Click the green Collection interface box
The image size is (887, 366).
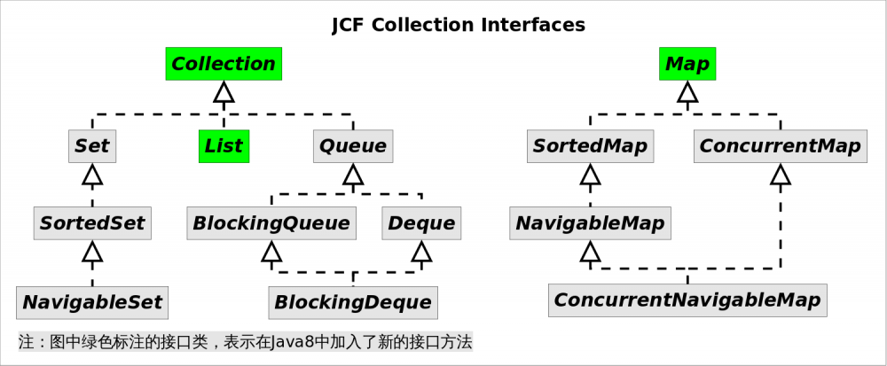point(224,64)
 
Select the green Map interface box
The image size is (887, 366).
point(687,64)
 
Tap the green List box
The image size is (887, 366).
point(224,146)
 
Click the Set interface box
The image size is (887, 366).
point(92,146)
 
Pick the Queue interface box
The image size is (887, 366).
point(353,146)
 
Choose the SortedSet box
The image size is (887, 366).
point(92,222)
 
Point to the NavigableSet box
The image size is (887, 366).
point(92,302)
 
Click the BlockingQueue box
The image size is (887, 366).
point(271,222)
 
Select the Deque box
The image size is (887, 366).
point(421,222)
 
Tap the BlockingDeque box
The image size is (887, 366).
point(353,302)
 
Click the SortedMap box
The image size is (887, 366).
point(590,146)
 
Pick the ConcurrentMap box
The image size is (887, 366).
point(780,146)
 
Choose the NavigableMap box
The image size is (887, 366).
point(590,222)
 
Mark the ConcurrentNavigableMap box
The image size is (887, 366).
point(687,300)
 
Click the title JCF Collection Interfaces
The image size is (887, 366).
point(458,25)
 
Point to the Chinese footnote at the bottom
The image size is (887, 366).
point(245,341)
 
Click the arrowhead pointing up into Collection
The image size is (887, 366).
point(224,91)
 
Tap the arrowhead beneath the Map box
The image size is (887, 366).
point(687,91)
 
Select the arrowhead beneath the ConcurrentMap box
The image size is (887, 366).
point(780,175)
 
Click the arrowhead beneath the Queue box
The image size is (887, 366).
point(353,175)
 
